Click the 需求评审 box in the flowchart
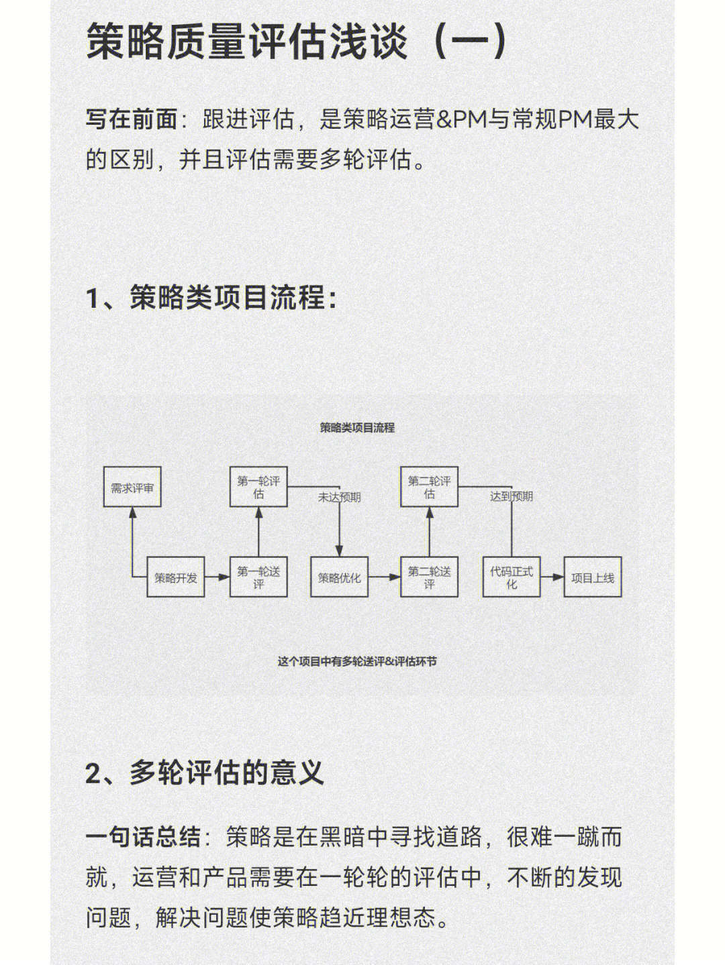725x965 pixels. coord(132,487)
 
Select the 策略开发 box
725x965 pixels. coord(175,577)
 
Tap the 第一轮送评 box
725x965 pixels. coord(258,577)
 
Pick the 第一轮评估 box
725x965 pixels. coord(258,487)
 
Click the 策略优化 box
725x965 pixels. coord(339,577)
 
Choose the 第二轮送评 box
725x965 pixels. coord(430,577)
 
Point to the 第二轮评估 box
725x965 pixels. coord(430,487)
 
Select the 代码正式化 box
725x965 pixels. coord(512,577)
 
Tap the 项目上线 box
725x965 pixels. coord(593,577)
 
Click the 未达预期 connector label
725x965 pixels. coord(339,497)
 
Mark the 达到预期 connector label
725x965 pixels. coord(512,496)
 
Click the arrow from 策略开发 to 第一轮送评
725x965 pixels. coord(217,577)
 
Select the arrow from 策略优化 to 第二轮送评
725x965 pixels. coord(385,577)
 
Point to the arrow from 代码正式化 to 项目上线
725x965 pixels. coord(552,577)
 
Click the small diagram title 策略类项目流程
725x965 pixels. coord(357,428)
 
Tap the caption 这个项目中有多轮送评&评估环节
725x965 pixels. coord(357,662)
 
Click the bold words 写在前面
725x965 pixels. coord(132,119)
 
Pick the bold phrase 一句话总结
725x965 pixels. coord(143,837)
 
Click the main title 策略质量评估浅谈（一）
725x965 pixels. coord(297,42)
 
